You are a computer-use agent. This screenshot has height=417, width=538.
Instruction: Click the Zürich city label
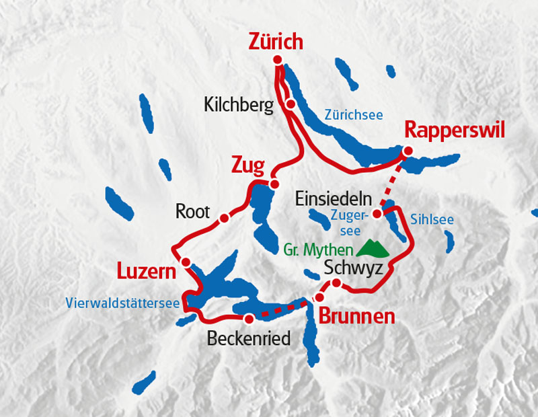(276, 42)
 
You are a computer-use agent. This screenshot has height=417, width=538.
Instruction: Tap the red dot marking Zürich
(278, 61)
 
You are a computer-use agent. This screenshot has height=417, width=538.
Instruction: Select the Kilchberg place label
(238, 105)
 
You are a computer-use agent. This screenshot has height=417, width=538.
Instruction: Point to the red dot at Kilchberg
(289, 104)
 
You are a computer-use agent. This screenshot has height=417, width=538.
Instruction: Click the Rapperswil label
(455, 130)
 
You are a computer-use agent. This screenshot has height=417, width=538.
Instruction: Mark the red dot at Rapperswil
(408, 152)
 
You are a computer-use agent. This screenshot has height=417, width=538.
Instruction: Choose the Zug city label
(247, 165)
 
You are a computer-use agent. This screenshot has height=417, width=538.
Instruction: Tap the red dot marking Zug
(274, 184)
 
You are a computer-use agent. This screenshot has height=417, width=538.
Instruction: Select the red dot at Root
(224, 218)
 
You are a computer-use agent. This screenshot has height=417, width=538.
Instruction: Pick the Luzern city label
(146, 272)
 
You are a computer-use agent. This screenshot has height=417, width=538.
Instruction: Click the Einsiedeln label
(334, 198)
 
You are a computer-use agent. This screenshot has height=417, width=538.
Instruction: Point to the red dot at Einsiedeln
(377, 214)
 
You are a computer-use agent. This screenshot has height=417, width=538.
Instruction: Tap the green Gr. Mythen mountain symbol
(373, 249)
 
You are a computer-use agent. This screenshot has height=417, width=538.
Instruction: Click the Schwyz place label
(353, 268)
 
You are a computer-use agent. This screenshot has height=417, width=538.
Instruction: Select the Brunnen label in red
(356, 316)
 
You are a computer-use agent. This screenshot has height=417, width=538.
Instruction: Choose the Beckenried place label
(249, 338)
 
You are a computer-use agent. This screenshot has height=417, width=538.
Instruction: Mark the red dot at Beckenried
(249, 319)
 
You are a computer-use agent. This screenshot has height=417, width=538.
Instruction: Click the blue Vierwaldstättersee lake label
(122, 303)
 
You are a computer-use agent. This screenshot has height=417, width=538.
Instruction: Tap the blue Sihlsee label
(431, 220)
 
